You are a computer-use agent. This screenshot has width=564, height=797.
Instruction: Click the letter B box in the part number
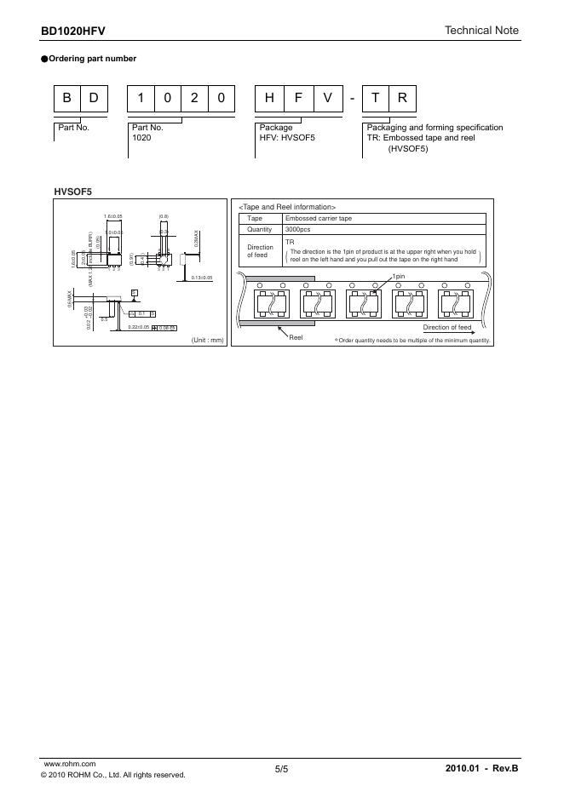66,100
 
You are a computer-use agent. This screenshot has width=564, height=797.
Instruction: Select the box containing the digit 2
194,100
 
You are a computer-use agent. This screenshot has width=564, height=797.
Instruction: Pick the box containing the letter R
402,100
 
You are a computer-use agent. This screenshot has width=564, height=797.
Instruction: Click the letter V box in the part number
326,100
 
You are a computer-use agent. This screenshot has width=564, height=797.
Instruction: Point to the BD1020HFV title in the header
73,32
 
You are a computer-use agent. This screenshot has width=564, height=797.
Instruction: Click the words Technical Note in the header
481,31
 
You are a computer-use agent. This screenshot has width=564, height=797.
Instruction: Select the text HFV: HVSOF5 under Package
287,137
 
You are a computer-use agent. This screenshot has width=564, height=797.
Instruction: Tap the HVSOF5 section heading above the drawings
73,192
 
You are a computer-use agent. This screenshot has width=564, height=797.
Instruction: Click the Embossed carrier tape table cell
318,219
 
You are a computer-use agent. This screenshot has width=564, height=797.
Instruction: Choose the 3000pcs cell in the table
300,230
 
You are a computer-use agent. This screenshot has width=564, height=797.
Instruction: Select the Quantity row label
259,230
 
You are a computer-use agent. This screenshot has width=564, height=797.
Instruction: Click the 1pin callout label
399,278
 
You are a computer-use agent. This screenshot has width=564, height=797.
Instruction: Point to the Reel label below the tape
296,338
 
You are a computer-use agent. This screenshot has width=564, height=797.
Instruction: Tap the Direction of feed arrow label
447,328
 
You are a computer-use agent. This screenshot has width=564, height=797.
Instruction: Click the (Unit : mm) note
207,340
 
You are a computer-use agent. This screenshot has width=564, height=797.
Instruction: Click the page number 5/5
282,769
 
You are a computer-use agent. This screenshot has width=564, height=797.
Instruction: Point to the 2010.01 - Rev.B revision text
481,769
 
